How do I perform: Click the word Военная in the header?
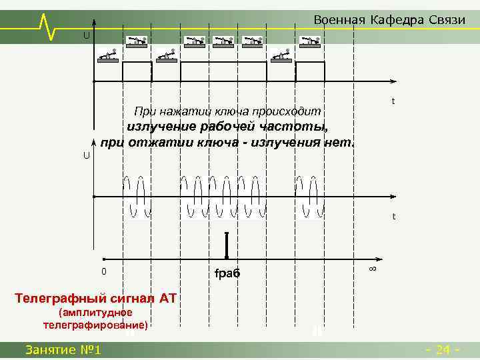pyautogui.click(x=339, y=19)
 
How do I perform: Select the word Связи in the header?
pyautogui.click(x=445, y=19)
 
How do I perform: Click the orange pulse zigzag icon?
pyautogui.click(x=48, y=25)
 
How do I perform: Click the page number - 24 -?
pyautogui.click(x=442, y=349)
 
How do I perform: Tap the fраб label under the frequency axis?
pyautogui.click(x=227, y=273)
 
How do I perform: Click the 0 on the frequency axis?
pyautogui.click(x=103, y=271)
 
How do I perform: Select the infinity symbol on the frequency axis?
pyautogui.click(x=373, y=268)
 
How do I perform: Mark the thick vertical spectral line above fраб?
pyautogui.click(x=227, y=245)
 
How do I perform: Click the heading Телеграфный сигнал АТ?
pyautogui.click(x=95, y=298)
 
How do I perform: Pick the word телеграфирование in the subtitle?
pyautogui.click(x=95, y=325)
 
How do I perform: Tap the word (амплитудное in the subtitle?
pyautogui.click(x=95, y=312)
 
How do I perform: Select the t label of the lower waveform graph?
pyautogui.click(x=394, y=217)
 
